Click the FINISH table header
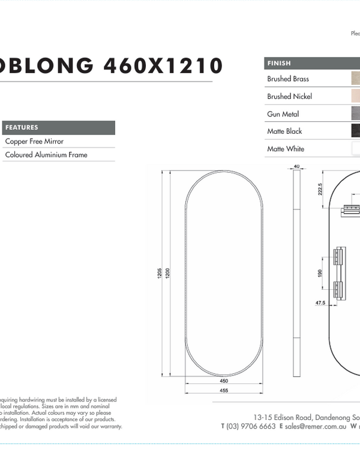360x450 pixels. (x=279, y=63)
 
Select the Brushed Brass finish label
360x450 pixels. (x=288, y=79)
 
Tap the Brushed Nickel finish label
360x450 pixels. (x=289, y=96)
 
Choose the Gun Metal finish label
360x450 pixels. (x=283, y=114)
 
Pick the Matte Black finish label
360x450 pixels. (x=284, y=131)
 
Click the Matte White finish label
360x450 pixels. (x=286, y=149)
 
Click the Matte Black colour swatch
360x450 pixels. (x=355, y=131)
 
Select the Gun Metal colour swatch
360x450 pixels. (x=355, y=113)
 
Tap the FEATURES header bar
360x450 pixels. (x=59, y=128)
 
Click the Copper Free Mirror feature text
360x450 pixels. (x=34, y=142)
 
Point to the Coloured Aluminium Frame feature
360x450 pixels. (x=46, y=155)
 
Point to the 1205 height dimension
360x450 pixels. (x=160, y=273)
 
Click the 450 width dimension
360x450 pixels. (x=223, y=380)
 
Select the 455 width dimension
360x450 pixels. (x=223, y=391)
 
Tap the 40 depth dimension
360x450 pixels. (x=296, y=166)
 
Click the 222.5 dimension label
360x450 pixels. (x=320, y=189)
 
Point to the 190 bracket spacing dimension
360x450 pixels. (x=320, y=273)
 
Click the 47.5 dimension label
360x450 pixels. (x=320, y=303)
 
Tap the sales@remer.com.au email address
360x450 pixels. (x=316, y=426)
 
